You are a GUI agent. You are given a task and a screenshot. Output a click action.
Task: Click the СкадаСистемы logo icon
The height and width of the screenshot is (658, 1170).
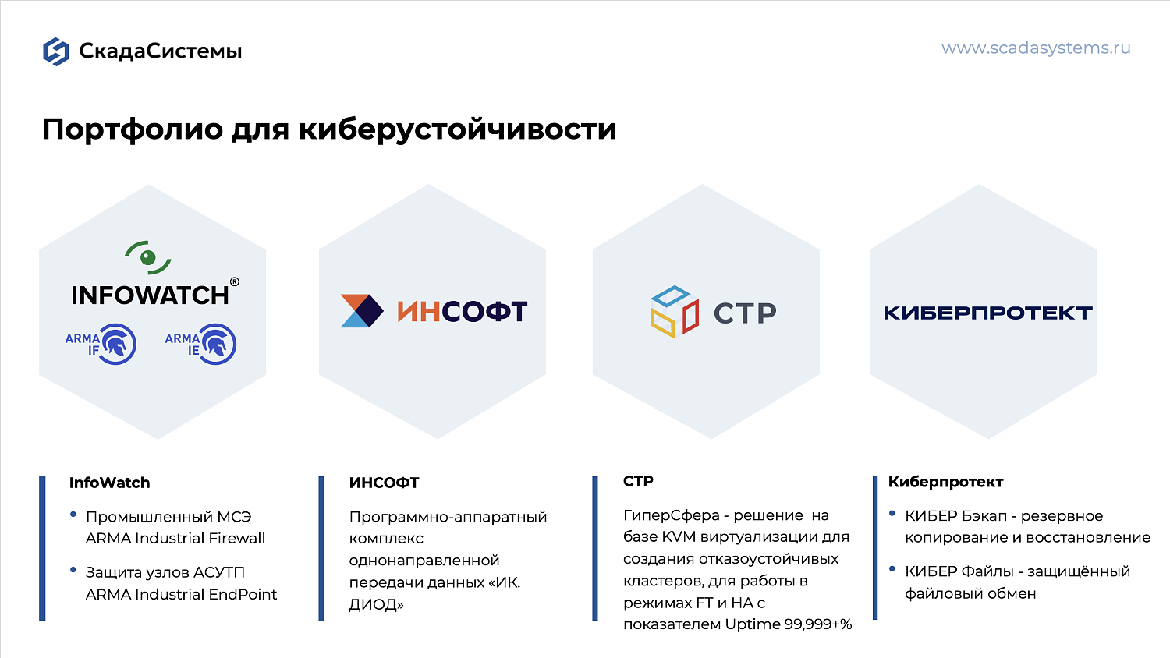click(x=55, y=51)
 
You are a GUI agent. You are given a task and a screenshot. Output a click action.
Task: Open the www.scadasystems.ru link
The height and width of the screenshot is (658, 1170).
click(x=1036, y=48)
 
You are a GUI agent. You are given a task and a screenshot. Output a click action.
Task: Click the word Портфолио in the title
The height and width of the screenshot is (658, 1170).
click(x=132, y=129)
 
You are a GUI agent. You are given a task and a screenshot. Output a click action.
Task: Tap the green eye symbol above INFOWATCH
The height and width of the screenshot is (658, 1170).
click(x=148, y=257)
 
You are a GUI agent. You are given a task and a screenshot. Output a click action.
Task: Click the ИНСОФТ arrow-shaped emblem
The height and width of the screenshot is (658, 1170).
click(x=362, y=311)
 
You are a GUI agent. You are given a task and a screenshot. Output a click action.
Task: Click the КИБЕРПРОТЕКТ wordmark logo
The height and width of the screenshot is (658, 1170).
click(x=987, y=313)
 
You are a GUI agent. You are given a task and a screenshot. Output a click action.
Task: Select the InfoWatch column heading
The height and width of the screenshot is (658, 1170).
click(x=109, y=483)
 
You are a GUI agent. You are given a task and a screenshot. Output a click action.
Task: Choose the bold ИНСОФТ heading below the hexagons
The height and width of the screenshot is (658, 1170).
click(x=384, y=483)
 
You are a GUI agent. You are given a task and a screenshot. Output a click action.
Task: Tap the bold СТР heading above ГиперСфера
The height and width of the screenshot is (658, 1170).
click(x=638, y=481)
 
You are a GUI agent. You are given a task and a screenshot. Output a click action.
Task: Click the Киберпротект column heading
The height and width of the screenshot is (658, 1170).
click(x=945, y=482)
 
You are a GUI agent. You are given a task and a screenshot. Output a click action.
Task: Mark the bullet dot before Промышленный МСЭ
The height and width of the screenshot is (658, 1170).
click(x=73, y=515)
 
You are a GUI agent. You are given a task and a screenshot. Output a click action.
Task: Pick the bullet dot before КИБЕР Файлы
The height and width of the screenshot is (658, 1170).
click(x=892, y=569)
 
